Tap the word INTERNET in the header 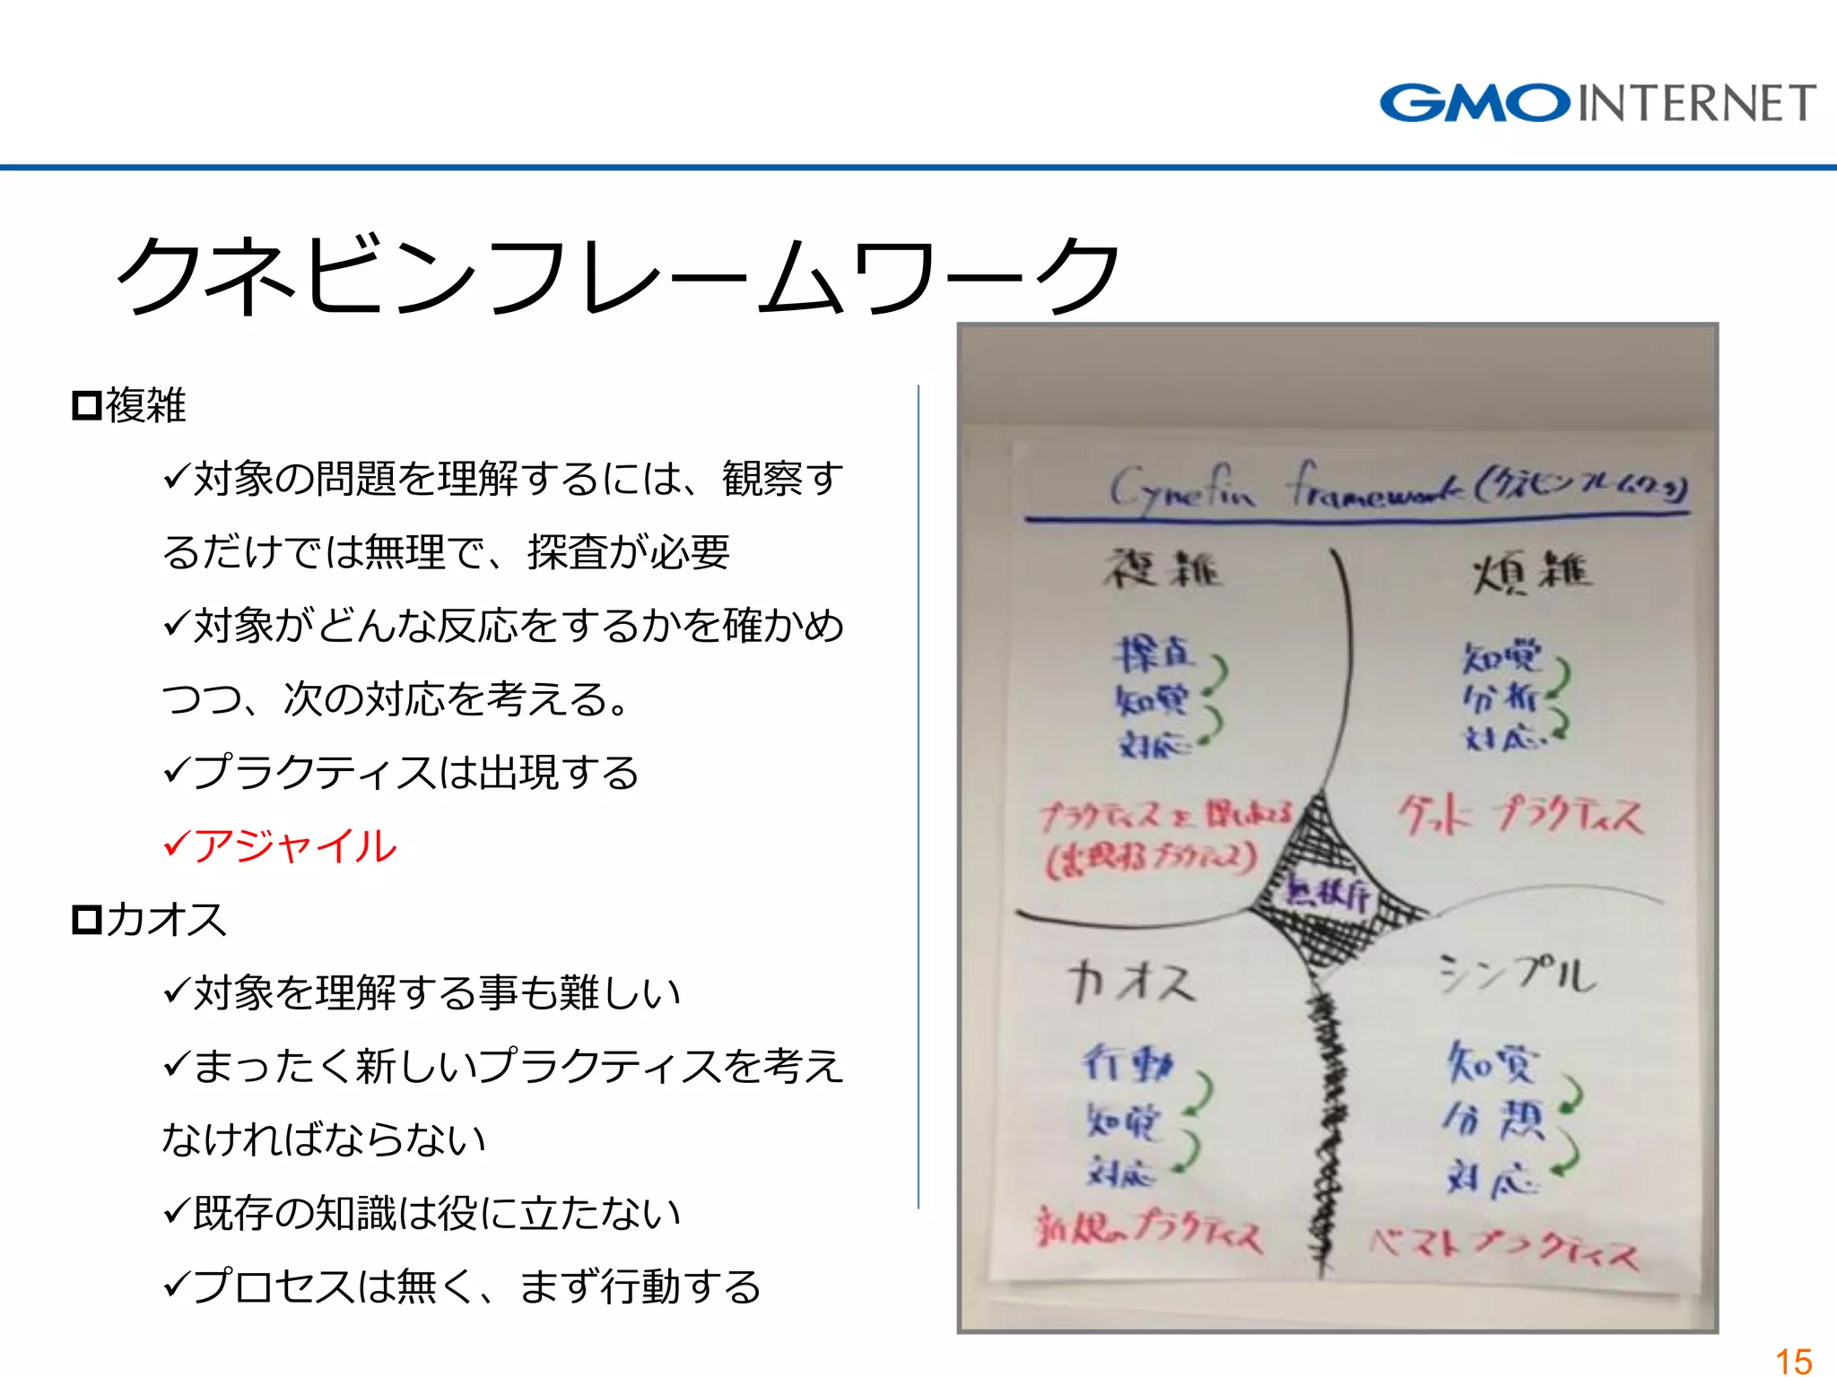tap(1696, 103)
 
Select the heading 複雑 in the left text tap(145, 405)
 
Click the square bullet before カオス tap(87, 920)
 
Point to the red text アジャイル tap(294, 845)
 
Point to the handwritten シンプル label tap(1517, 974)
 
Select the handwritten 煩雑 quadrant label tap(1532, 572)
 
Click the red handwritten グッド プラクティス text tap(1519, 816)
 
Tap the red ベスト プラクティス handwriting tap(1503, 1246)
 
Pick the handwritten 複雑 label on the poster tap(1162, 568)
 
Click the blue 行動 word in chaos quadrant tap(1127, 1063)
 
